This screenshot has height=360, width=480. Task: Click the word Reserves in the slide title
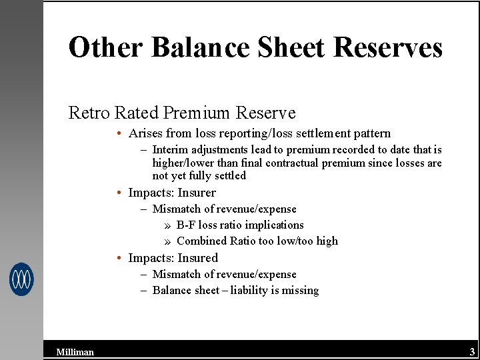click(387, 47)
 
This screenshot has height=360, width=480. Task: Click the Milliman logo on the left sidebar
click(21, 279)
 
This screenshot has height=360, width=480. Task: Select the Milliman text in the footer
click(75, 352)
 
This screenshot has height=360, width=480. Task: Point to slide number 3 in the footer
click(472, 351)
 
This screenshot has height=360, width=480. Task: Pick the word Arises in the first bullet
click(145, 133)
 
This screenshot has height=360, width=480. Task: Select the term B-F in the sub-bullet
click(186, 225)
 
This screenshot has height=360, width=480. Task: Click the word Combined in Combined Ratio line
click(201, 241)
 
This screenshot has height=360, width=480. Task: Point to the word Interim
click(171, 150)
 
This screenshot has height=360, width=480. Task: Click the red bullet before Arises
click(117, 133)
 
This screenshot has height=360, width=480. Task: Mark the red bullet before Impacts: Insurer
click(117, 193)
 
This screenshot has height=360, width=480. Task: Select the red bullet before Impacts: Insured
click(117, 258)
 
